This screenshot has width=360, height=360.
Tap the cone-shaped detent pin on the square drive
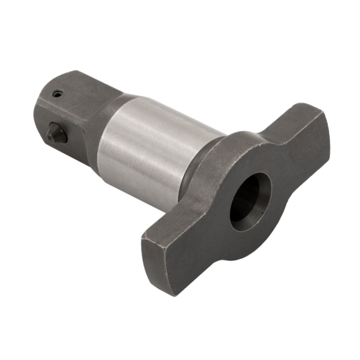point(56,134)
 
